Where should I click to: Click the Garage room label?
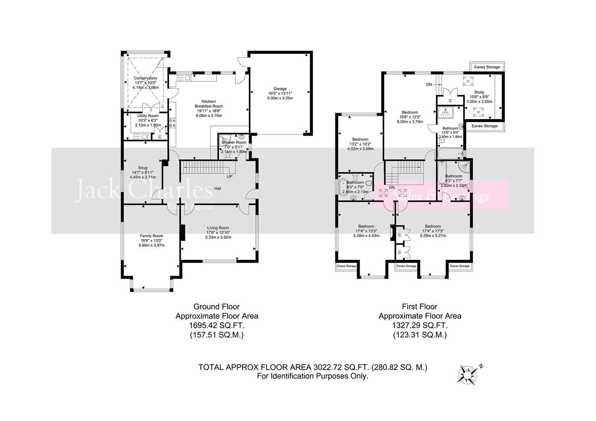tap(280, 88)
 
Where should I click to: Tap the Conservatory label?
tap(145, 78)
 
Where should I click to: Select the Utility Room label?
tap(148, 116)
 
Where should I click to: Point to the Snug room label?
tap(142, 168)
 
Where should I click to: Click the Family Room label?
tap(151, 236)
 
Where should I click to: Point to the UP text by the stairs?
tap(230, 177)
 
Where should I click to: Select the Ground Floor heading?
tap(216, 307)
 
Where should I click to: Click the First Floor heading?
tap(419, 307)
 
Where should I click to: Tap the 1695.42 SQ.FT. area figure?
tap(216, 325)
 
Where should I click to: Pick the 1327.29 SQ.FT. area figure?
tap(420, 325)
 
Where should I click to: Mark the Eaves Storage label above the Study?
tap(487, 67)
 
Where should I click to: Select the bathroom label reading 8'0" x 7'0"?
tap(355, 182)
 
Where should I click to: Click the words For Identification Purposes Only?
tap(312, 376)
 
